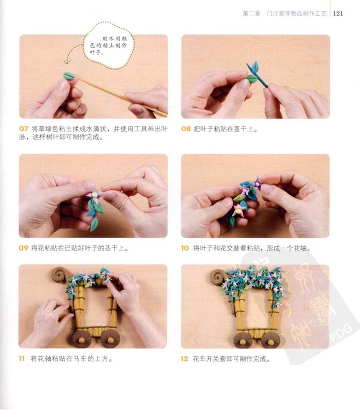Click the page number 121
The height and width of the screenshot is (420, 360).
point(338,13)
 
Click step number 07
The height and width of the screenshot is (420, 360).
point(23,129)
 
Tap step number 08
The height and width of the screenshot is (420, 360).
point(186,129)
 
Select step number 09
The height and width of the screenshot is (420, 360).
point(23,248)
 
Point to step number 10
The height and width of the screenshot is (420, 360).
point(185,248)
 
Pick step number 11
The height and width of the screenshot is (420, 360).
point(22,358)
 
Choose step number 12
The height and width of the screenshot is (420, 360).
point(185,359)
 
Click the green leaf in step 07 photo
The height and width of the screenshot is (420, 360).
point(69,76)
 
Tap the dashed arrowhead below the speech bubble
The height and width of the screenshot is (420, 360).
point(67,62)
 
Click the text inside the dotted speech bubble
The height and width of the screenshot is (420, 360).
point(108,45)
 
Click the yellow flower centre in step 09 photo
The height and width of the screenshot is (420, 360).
point(95,195)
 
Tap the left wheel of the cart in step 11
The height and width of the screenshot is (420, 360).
point(81,340)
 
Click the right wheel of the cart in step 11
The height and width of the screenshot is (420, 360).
point(110,339)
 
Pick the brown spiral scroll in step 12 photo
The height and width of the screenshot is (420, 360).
point(218,277)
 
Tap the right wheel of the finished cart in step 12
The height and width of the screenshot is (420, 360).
point(270,340)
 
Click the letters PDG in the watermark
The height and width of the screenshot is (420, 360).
point(341,332)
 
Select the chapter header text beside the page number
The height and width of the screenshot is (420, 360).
point(285,13)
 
